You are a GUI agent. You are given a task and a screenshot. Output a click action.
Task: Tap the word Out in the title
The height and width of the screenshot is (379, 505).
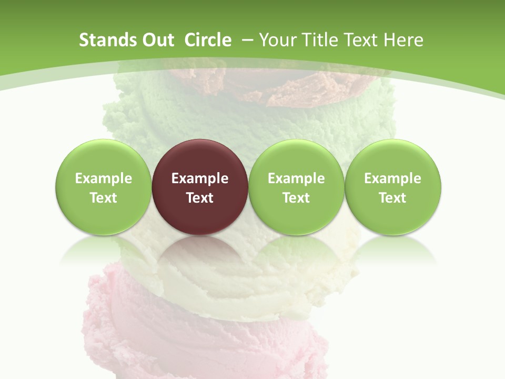point(156,41)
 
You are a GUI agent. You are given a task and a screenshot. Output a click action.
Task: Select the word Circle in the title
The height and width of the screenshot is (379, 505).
point(208,41)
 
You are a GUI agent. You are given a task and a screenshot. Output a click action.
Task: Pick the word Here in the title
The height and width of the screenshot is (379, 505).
point(405,41)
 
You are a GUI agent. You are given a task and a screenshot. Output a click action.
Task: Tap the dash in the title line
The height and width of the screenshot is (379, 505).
point(248,41)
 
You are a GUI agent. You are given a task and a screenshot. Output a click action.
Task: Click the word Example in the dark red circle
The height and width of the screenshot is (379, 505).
point(200,178)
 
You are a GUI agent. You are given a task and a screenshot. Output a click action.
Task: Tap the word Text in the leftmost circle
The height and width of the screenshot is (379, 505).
point(103,198)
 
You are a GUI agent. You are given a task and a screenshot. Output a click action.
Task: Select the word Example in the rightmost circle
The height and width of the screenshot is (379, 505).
point(392,178)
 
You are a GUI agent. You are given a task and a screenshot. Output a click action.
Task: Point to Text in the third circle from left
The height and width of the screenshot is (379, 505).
point(296,198)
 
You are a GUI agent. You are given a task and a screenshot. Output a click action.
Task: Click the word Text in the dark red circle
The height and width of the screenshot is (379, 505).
point(200,198)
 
